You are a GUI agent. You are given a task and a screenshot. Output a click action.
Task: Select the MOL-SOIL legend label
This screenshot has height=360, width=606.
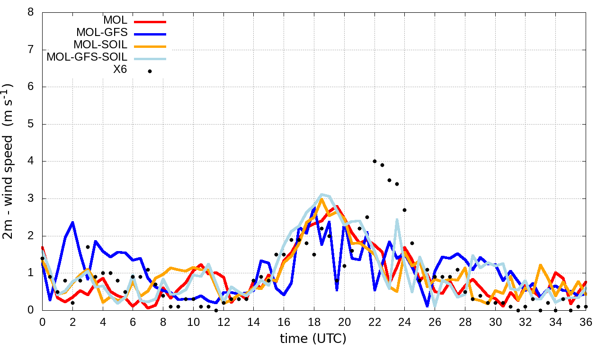pos(100,45)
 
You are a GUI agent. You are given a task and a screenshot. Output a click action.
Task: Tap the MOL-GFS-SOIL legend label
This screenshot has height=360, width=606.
pos(87,57)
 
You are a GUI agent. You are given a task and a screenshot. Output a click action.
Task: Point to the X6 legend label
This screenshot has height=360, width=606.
pos(119,70)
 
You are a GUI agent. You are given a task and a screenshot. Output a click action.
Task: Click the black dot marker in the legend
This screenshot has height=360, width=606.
pos(150,71)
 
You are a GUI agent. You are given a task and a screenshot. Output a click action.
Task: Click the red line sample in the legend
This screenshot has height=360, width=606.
pos(150,21)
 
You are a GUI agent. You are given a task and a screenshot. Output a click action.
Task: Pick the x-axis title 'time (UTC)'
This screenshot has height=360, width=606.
pos(313,339)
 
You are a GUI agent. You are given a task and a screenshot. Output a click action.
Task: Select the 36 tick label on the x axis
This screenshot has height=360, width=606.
pos(586,322)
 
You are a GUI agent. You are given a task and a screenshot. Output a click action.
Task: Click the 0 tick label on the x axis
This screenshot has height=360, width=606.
pos(42,322)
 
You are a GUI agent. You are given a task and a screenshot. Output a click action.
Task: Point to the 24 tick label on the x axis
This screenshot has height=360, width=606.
pos(405,322)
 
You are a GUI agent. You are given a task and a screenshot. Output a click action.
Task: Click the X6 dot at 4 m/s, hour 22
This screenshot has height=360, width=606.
pos(374,162)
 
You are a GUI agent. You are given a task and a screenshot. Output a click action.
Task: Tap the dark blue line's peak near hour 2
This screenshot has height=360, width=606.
pos(72,222)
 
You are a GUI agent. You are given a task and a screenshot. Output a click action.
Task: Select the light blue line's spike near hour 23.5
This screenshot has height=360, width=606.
pos(397,219)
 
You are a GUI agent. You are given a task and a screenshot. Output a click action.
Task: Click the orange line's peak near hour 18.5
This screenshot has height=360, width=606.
pos(321,199)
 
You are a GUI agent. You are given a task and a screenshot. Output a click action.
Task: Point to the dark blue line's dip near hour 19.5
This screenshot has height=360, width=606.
pos(337,289)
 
